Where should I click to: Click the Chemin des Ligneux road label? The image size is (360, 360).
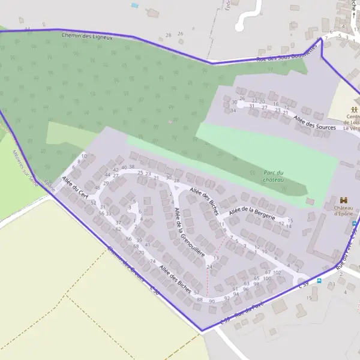pyautogui.click(x=87, y=36)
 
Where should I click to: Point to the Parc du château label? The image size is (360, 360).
pyautogui.click(x=273, y=176)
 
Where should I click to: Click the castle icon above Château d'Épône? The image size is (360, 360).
pyautogui.click(x=344, y=199)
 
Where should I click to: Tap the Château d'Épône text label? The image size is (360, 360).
pyautogui.click(x=343, y=211)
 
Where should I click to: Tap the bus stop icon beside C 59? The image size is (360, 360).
pyautogui.click(x=319, y=280)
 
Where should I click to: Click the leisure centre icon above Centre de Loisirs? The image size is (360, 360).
pyautogui.click(x=354, y=109)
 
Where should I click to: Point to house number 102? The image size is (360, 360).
pyautogui.click(x=277, y=272)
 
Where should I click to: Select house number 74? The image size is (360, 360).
pyautogui.click(x=152, y=262)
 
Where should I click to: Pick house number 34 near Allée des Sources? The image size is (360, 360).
pyautogui.click(x=233, y=110)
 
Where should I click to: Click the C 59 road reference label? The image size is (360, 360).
pyautogui.click(x=304, y=284)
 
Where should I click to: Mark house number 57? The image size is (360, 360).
pyautogui.click(x=196, y=292)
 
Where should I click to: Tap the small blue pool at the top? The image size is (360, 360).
pyautogui.click(x=134, y=5)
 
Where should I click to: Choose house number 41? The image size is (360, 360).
pyautogui.click(x=148, y=245)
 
